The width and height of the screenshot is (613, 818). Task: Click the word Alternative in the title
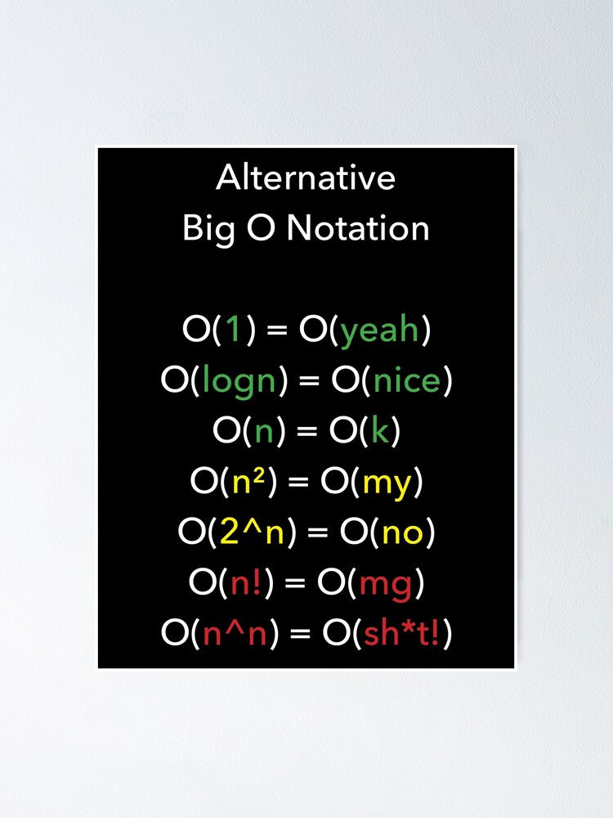coord(306,178)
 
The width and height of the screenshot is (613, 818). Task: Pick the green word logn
coord(239,382)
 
